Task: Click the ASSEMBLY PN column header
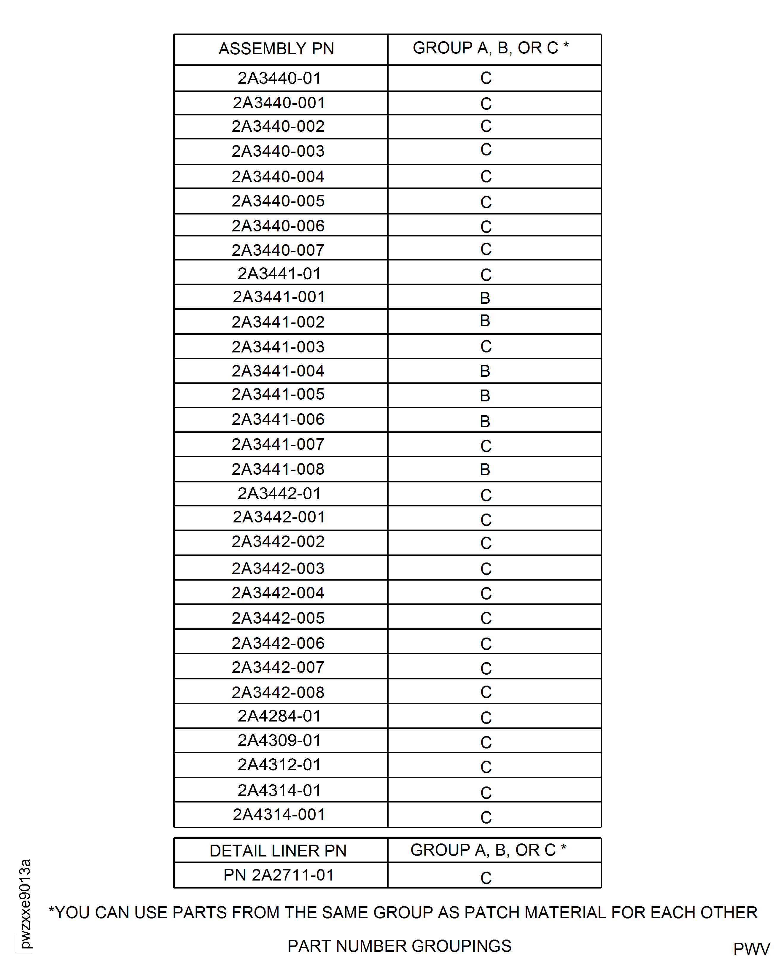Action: [276, 49]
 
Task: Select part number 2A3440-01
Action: [279, 78]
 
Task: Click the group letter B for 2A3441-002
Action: [485, 321]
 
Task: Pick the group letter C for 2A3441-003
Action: [486, 347]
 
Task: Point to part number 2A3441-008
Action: [278, 469]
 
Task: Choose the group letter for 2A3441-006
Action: [485, 421]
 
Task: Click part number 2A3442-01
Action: [279, 494]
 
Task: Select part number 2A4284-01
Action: [279, 716]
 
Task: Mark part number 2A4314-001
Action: [279, 814]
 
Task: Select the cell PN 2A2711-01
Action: [279, 875]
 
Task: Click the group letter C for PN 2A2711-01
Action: [486, 878]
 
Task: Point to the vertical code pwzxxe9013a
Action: [25, 904]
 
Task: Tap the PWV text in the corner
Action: [751, 949]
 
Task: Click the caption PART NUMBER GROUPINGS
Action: [400, 946]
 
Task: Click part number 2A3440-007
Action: [278, 250]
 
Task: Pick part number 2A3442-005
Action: [278, 618]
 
